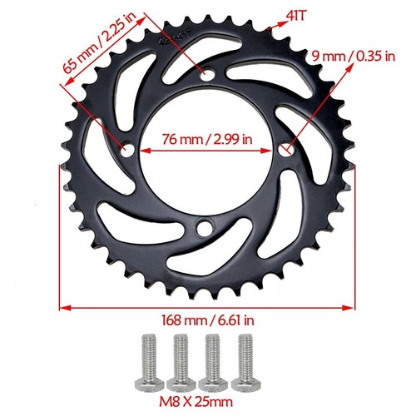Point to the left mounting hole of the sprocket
click(127, 151)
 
